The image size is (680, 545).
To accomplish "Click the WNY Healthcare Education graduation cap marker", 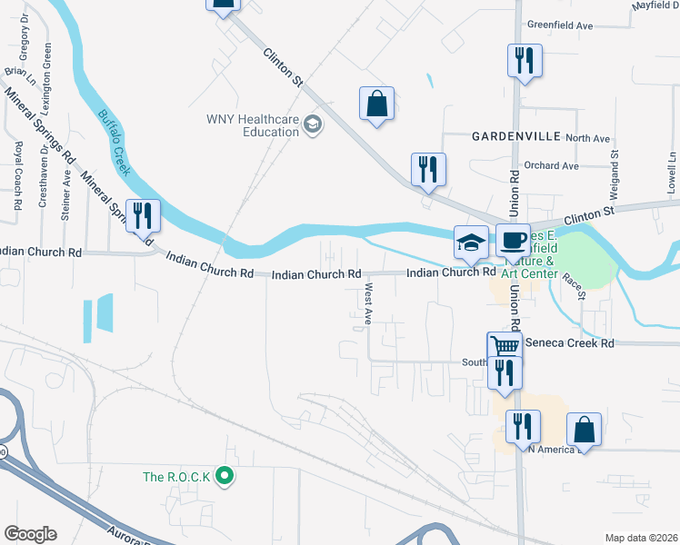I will pyautogui.click(x=313, y=124).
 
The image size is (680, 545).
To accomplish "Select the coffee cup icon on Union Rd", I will pyautogui.click(x=513, y=241).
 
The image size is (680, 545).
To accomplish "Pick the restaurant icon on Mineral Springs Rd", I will pyautogui.click(x=143, y=216).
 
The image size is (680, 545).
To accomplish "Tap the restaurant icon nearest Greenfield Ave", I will pyautogui.click(x=525, y=62).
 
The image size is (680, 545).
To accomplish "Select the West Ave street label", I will pyautogui.click(x=369, y=303).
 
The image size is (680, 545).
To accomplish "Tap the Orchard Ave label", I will pyautogui.click(x=551, y=166).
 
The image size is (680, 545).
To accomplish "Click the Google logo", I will pyautogui.click(x=31, y=534).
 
